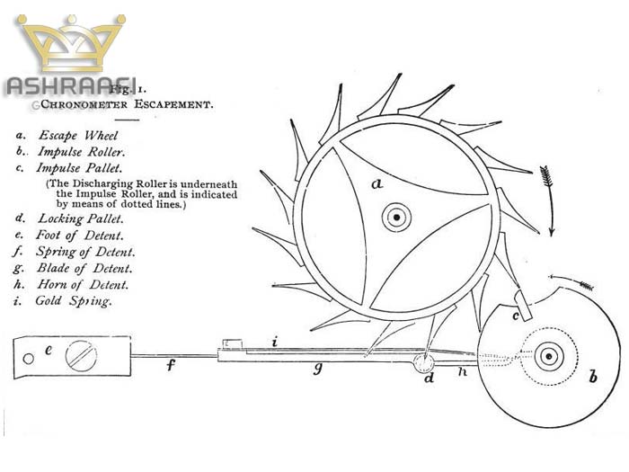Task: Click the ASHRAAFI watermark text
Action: [x=71, y=86]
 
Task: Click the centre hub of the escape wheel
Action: [x=395, y=216]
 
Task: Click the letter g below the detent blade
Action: [x=317, y=369]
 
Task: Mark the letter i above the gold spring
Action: [x=277, y=341]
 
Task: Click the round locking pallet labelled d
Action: [x=422, y=363]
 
